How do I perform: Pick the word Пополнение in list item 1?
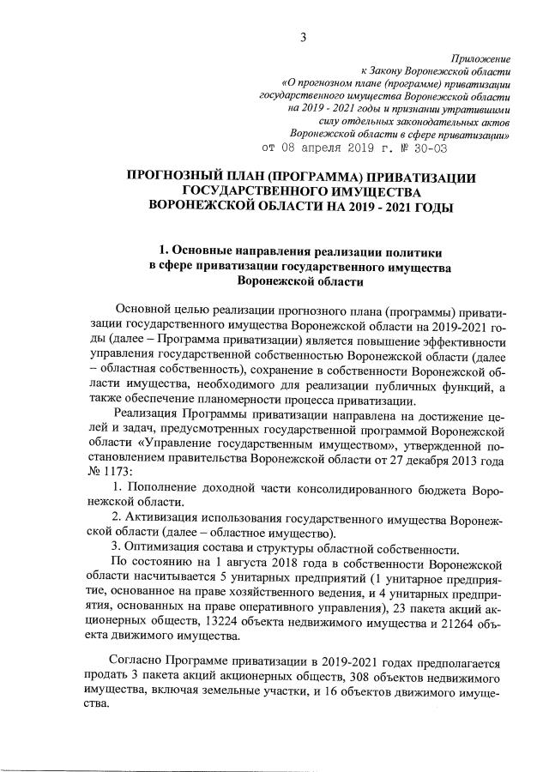click(166, 488)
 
